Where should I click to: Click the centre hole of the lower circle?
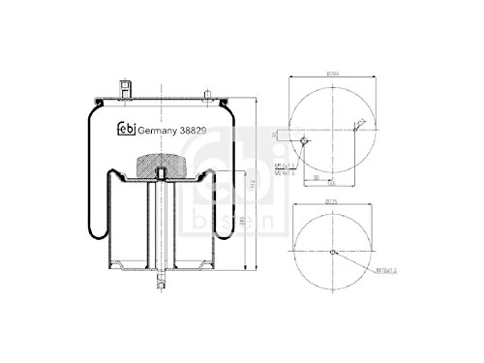[x=331, y=254]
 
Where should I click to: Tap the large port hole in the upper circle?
[x=306, y=141]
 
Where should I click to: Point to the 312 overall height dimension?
[x=250, y=184]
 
